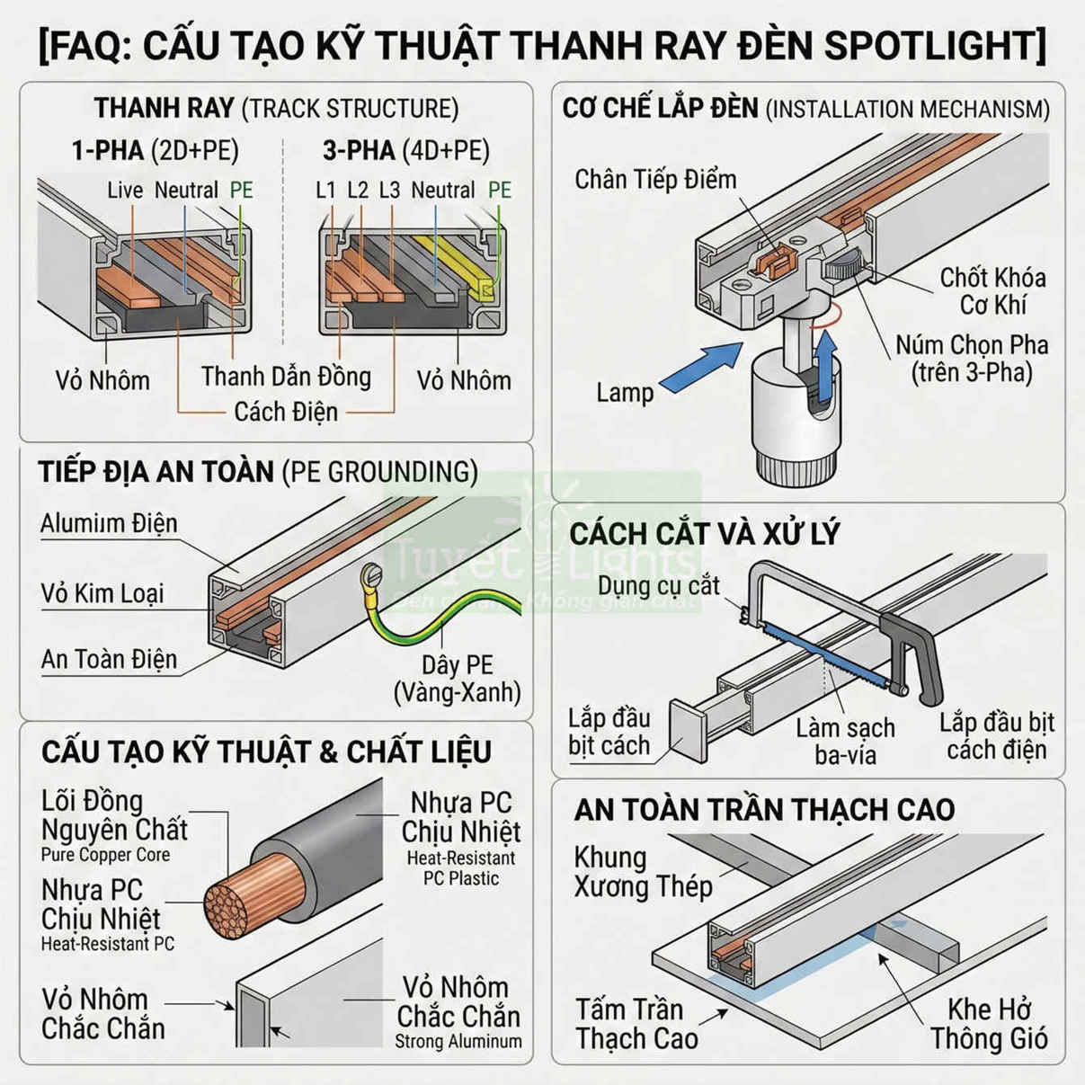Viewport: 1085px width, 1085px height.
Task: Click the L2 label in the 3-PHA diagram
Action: tap(357, 190)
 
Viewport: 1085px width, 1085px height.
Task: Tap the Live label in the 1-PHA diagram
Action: tap(125, 190)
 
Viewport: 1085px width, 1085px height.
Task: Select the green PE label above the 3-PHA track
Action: tap(499, 190)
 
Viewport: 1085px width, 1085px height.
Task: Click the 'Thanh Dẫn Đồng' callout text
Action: tap(286, 376)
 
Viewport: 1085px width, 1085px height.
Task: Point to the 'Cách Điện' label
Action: tap(286, 412)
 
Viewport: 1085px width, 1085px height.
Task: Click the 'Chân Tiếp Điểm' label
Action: tap(655, 179)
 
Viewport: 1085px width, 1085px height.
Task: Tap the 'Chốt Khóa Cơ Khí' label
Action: tap(992, 290)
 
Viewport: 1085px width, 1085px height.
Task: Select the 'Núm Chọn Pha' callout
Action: tap(971, 358)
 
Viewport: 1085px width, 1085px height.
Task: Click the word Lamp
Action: tap(625, 392)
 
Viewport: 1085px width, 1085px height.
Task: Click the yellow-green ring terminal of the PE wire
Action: tap(372, 574)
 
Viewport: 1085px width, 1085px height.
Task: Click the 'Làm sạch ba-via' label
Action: tap(845, 741)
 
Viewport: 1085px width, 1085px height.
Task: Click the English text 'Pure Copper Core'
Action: tap(105, 855)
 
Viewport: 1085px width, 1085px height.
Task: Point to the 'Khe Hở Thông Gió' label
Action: tap(989, 1023)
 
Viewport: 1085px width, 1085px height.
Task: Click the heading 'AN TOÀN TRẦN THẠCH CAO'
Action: tap(764, 809)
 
